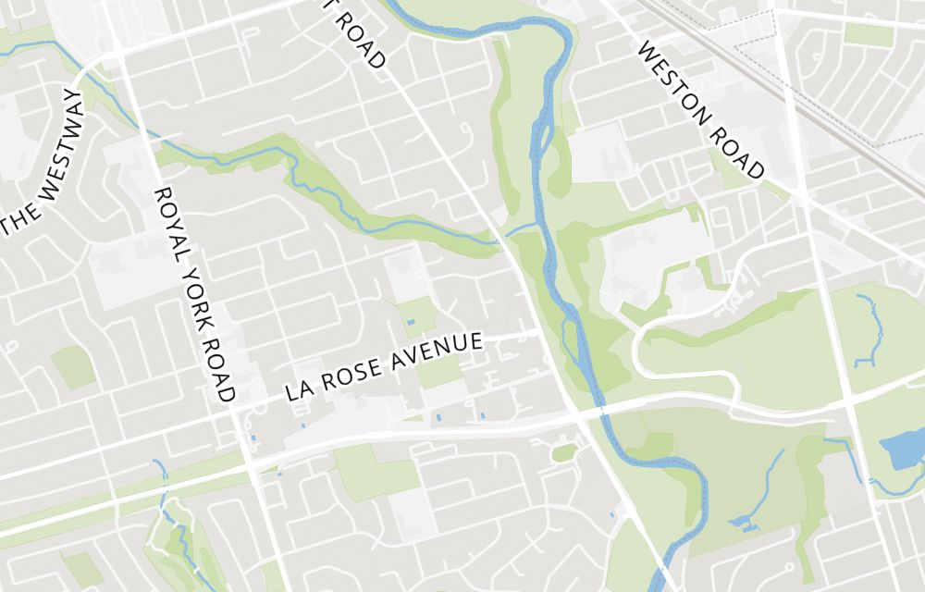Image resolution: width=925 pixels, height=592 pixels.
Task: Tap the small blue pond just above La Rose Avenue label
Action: tap(411, 321)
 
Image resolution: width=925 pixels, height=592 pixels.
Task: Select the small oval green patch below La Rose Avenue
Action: tap(563, 452)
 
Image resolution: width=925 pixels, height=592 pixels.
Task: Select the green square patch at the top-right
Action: tap(869, 34)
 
